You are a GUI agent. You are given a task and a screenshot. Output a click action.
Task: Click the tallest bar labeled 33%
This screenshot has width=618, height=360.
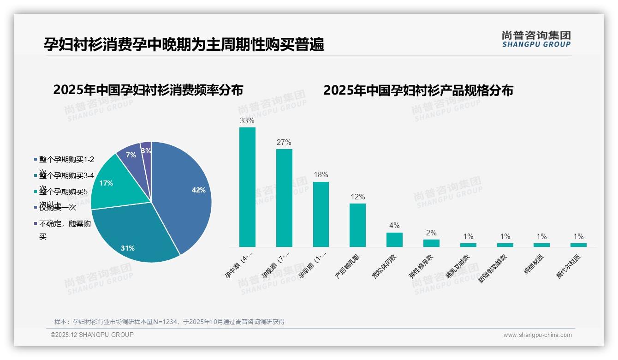pos(247,187)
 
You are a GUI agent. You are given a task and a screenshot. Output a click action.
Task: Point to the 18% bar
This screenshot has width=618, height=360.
pos(321,214)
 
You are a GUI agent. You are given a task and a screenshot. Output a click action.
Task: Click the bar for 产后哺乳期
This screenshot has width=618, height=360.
pos(357,225)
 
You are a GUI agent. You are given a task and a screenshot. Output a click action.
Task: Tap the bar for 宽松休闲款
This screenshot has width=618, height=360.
pos(394,240)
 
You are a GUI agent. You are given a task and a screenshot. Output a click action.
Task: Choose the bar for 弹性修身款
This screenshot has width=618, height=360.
pos(431,243)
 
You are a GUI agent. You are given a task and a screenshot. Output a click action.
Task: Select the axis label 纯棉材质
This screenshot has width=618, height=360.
pos(534,265)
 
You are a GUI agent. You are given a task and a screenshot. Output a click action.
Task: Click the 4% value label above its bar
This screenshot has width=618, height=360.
pos(394,226)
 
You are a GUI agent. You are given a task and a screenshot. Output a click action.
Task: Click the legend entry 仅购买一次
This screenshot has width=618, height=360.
pos(58,208)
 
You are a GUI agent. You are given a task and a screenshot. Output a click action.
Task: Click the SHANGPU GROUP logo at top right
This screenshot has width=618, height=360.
pos(536,39)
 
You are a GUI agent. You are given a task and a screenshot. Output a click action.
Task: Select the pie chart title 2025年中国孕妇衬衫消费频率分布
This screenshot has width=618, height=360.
pos(148,90)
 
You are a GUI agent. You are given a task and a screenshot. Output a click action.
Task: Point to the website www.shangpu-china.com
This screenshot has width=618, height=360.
pos(537,335)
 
